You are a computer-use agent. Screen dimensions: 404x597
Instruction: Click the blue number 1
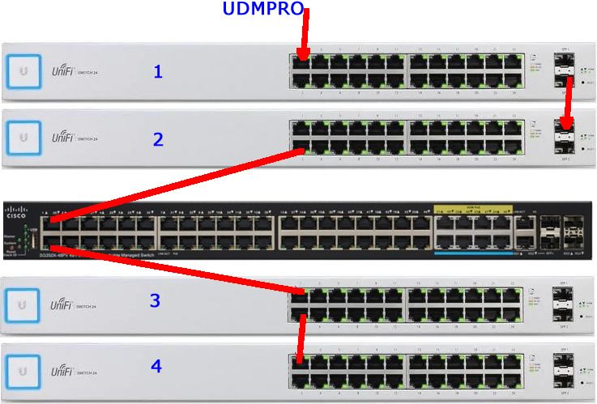click(158, 72)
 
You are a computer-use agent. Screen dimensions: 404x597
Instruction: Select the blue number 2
click(159, 139)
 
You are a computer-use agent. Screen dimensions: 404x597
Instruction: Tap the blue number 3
click(155, 301)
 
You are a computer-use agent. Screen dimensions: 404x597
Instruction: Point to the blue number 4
click(156, 367)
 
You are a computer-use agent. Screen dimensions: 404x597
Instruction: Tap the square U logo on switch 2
click(23, 138)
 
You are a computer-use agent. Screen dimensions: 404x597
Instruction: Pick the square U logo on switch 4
click(23, 370)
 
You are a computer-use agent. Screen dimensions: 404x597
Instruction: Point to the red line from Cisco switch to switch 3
click(178, 270)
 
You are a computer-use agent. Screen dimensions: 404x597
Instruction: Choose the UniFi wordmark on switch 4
click(64, 371)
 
